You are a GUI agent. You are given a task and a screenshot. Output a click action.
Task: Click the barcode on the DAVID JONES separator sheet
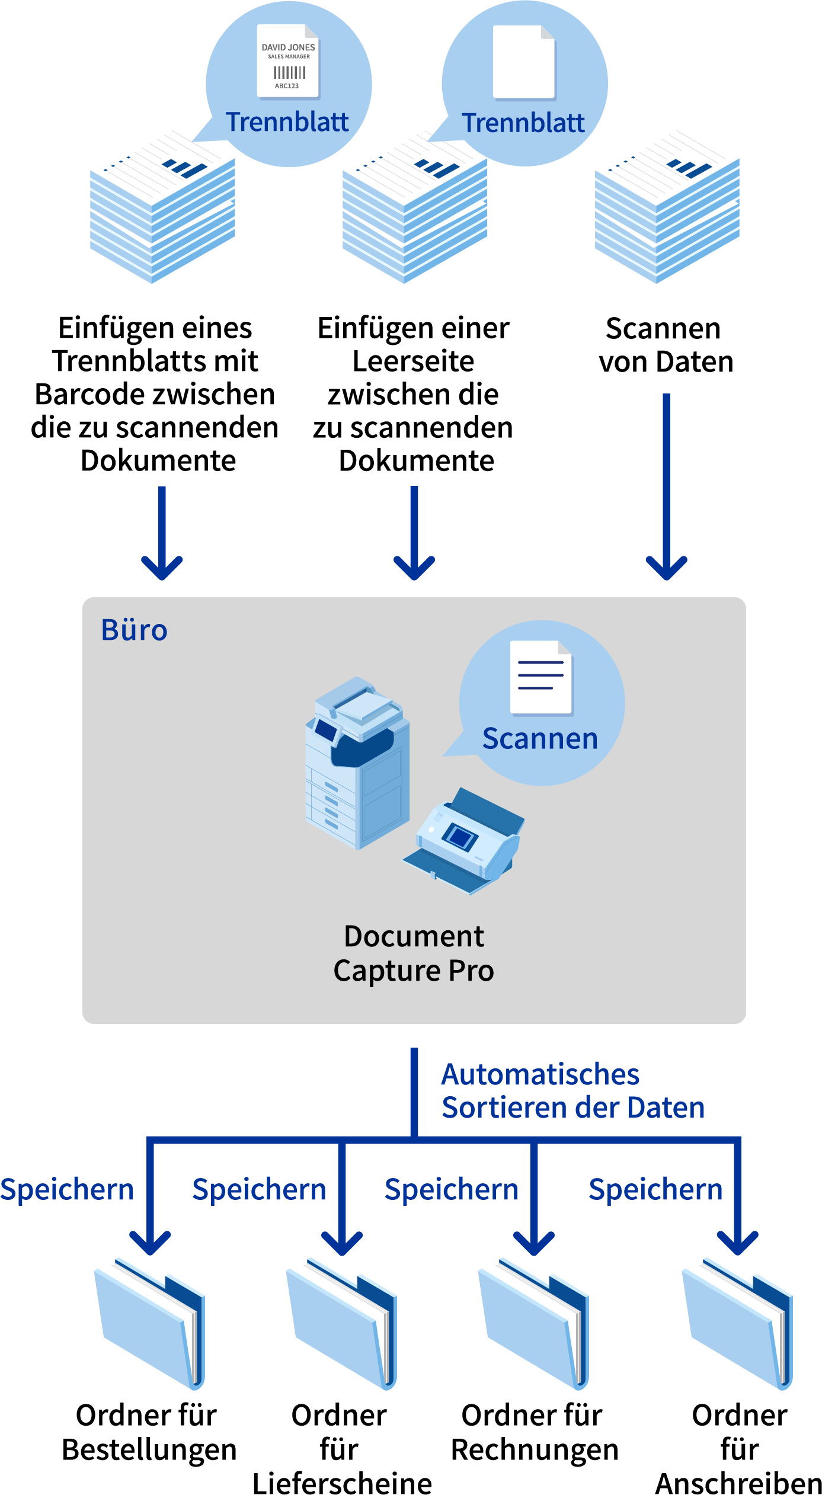289,73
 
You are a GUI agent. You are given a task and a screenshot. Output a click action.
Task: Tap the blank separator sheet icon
524,62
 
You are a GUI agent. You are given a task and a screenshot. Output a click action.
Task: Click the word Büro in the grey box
134,630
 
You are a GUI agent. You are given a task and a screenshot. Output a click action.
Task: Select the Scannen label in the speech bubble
540,738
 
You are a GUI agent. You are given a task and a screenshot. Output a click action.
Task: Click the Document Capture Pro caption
414,953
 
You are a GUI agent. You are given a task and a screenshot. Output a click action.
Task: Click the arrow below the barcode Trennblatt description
162,533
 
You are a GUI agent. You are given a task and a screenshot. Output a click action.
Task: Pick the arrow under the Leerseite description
414,533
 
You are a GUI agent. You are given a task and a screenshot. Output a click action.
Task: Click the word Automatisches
540,1074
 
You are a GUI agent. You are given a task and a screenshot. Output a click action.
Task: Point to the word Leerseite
413,361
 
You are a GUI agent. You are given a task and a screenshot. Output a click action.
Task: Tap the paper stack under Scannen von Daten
667,213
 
